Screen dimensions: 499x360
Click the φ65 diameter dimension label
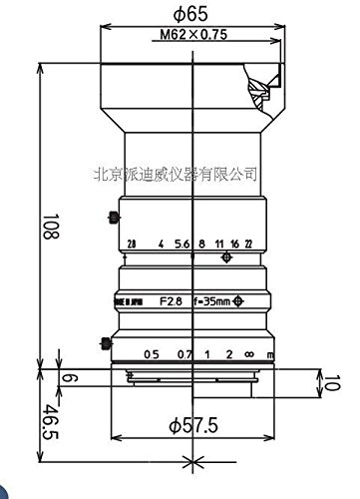[x=188, y=14]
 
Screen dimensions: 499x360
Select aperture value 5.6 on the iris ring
[x=180, y=243]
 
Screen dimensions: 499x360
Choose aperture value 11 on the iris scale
[x=217, y=243]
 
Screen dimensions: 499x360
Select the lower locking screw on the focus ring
[x=105, y=344]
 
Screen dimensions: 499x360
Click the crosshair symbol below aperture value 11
[x=227, y=257]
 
